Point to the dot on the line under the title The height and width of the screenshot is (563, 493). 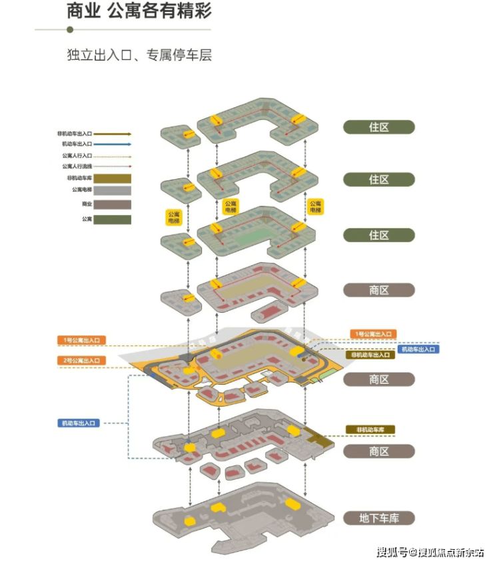click(x=70, y=29)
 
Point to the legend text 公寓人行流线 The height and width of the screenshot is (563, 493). click(x=77, y=166)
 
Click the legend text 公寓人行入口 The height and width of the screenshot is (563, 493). click(x=77, y=155)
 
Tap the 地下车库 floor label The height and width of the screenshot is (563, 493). click(x=379, y=518)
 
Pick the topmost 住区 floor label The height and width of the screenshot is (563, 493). click(x=379, y=126)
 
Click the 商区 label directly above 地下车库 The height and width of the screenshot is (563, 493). click(x=379, y=451)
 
